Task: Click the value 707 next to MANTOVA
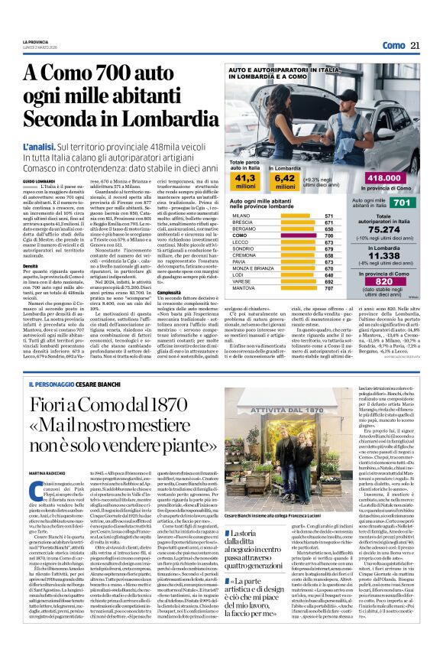(x=329, y=288)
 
